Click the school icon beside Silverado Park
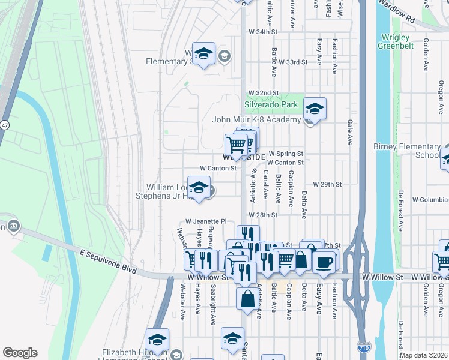(315, 109)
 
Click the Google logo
(20, 353)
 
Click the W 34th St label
(264, 31)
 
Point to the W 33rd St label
(293, 62)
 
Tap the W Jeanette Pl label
(206, 221)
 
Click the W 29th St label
(327, 184)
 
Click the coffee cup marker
(324, 262)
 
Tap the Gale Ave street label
(349, 132)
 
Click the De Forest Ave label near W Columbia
(400, 205)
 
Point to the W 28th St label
(263, 214)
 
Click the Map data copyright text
(423, 355)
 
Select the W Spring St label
(286, 154)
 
